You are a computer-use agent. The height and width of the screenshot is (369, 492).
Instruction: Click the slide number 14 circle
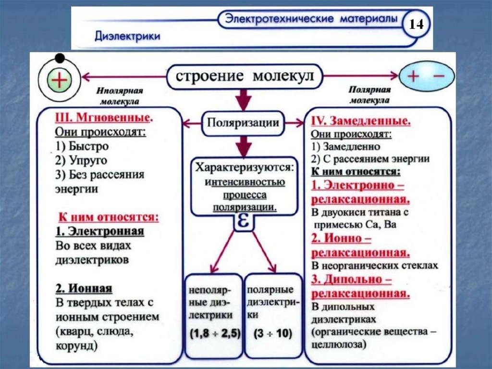416,24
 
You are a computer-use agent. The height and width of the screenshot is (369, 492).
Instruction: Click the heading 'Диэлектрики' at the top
127,36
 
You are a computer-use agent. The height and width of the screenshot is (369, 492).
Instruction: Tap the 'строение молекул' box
244,76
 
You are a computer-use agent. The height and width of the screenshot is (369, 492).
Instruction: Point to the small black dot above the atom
60,59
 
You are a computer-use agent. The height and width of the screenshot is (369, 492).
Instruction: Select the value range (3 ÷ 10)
272,333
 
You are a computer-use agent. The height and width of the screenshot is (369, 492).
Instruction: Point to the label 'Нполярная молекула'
120,96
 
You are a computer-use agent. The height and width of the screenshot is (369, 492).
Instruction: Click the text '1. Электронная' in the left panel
99,231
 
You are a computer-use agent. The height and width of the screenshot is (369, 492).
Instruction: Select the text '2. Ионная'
84,289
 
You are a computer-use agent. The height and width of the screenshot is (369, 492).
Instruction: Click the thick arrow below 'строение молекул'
244,100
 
